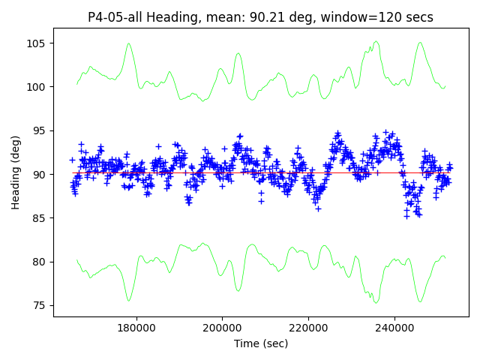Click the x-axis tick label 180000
136,328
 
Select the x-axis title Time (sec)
261,343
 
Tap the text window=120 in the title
365,17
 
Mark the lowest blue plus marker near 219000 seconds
318,208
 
